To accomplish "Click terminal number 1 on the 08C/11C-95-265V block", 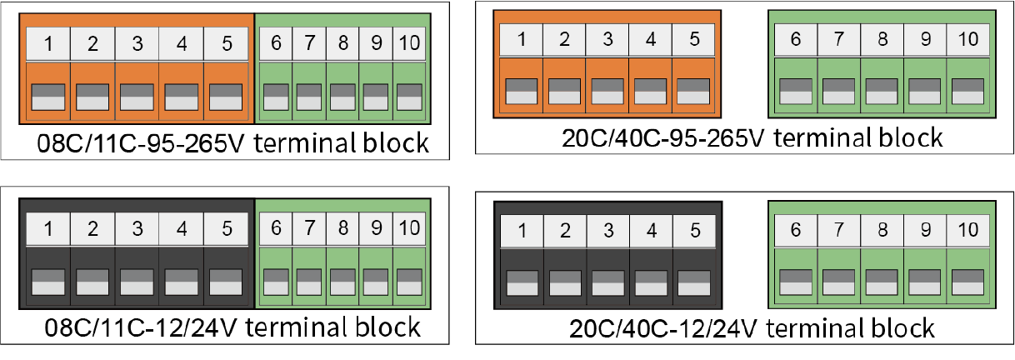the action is (x=48, y=43).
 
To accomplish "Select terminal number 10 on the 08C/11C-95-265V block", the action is (x=409, y=43).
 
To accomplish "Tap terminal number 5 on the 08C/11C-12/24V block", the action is (x=226, y=229).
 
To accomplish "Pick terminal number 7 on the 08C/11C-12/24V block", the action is (x=309, y=229).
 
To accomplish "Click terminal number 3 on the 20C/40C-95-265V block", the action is (x=607, y=40).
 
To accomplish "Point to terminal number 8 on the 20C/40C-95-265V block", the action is (x=882, y=40).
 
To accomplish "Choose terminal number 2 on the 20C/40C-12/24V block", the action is (x=565, y=231).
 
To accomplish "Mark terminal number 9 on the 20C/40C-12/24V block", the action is (x=925, y=230).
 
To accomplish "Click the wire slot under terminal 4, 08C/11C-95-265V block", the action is (x=182, y=97).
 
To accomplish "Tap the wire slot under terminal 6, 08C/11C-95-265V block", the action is (x=276, y=97).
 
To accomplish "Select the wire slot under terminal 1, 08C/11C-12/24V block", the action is (x=48, y=282).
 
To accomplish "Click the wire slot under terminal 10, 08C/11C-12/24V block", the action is (x=409, y=282).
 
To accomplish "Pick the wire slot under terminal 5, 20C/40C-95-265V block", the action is (x=693, y=92).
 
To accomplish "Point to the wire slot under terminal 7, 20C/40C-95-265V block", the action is (x=838, y=92).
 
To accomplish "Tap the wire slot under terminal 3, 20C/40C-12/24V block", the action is (x=608, y=283).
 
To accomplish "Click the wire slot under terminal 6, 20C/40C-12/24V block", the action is (x=796, y=282).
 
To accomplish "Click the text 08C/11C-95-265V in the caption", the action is (x=141, y=143).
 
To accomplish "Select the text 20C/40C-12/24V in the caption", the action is (x=663, y=328).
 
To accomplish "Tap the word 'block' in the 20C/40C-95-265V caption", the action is (x=910, y=137).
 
